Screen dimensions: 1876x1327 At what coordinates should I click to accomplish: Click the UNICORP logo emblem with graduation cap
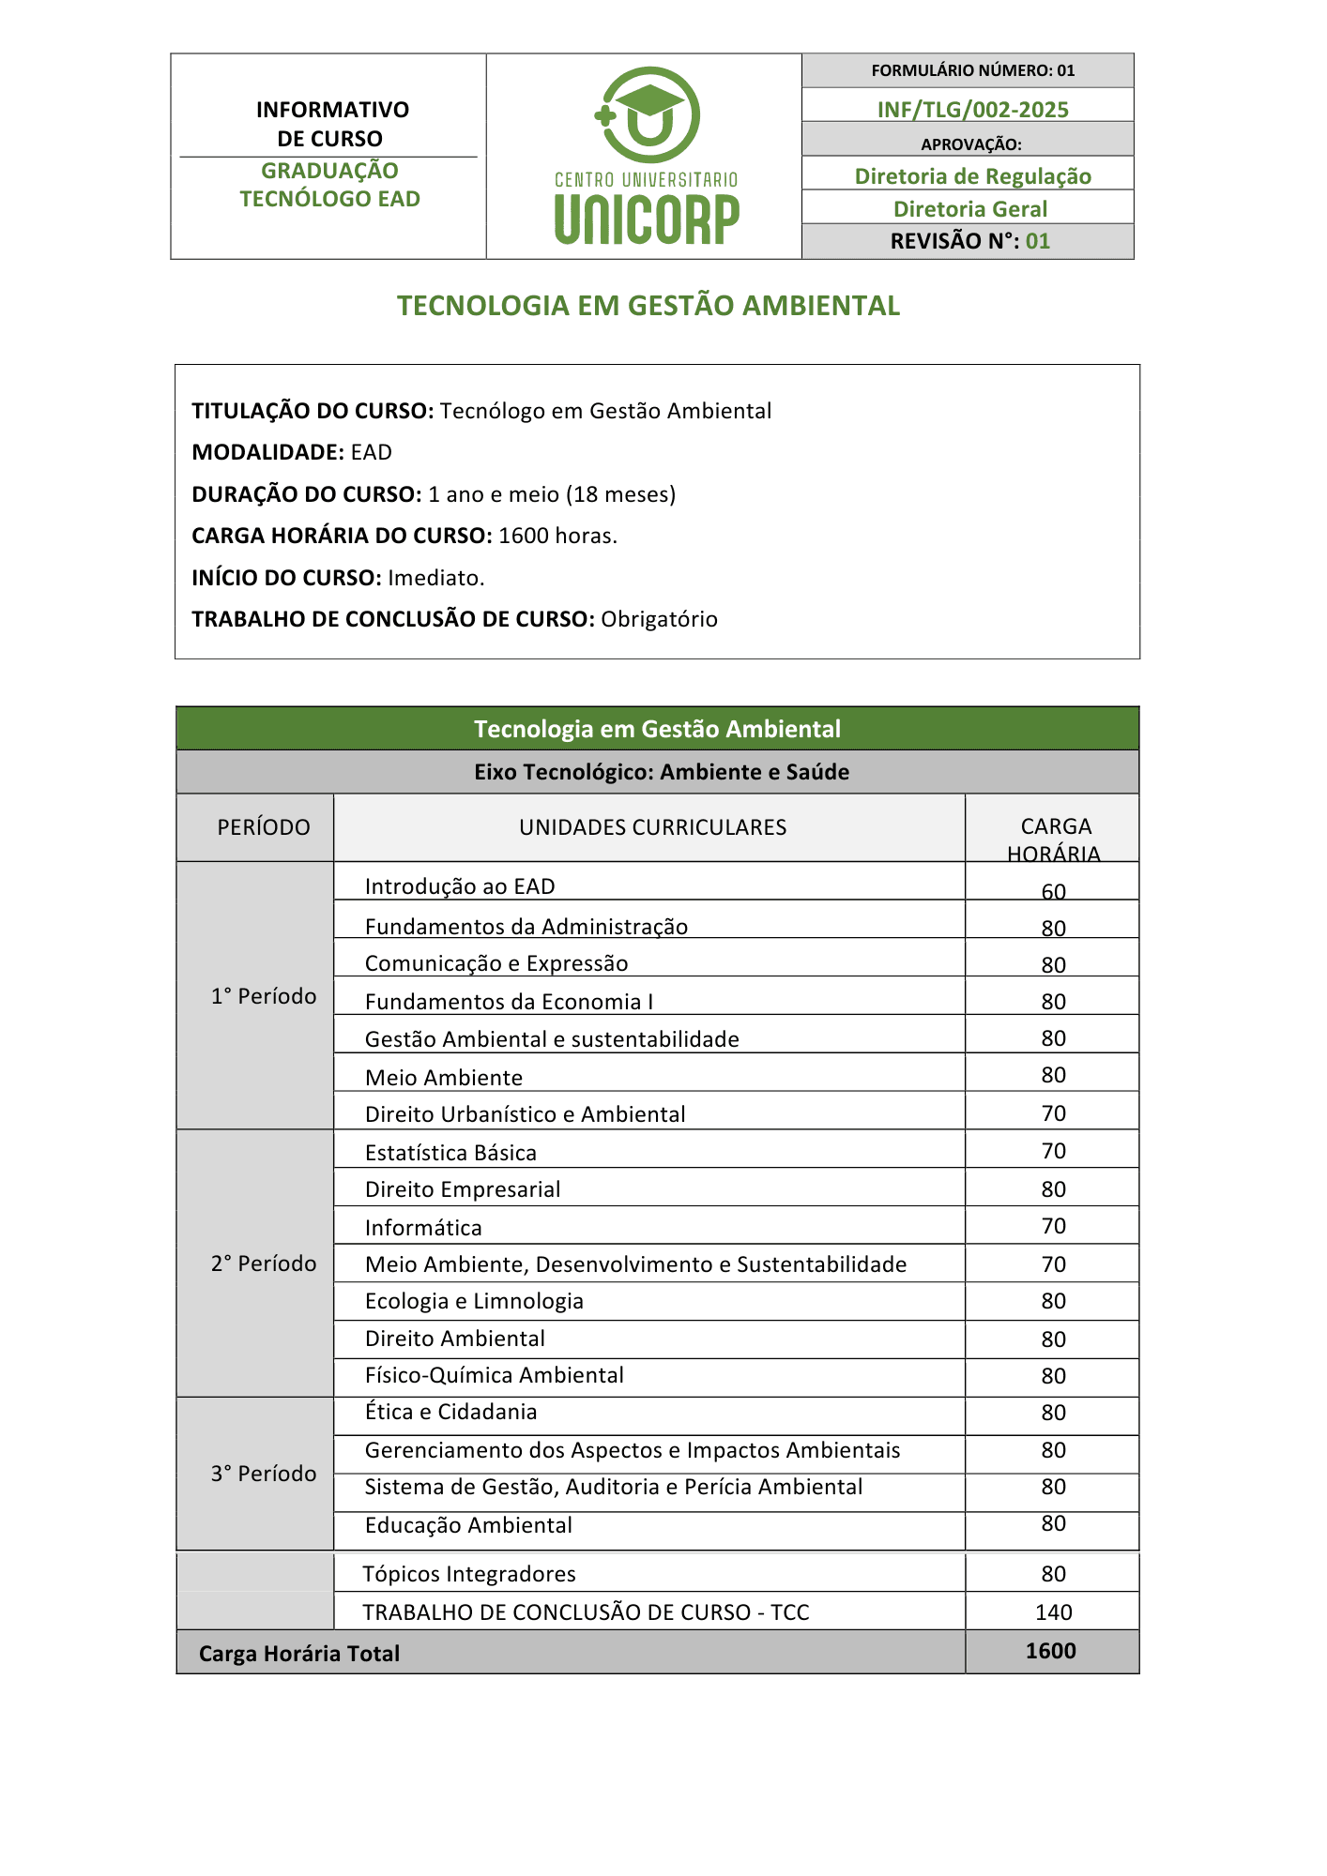click(648, 114)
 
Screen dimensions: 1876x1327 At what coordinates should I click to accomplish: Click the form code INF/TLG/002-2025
click(972, 110)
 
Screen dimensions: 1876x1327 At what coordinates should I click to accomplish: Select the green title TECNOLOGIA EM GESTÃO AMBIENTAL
click(648, 306)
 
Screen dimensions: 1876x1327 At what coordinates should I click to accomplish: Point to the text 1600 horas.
click(557, 536)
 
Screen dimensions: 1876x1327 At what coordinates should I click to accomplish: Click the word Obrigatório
click(659, 619)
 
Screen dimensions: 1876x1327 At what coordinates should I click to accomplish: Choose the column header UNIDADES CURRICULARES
click(652, 827)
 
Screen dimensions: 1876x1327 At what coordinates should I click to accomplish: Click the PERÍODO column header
click(264, 827)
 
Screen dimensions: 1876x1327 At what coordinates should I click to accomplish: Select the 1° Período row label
click(264, 996)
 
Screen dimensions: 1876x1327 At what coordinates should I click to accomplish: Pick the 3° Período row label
click(264, 1474)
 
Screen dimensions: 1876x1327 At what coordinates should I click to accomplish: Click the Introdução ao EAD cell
click(460, 886)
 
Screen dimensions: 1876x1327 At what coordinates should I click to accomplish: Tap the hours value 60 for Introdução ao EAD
click(1053, 891)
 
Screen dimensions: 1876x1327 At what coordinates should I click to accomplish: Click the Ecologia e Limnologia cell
click(474, 1301)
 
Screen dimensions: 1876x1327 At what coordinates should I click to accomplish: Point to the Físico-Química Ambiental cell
click(494, 1375)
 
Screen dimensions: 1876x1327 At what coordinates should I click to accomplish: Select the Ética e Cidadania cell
click(450, 1412)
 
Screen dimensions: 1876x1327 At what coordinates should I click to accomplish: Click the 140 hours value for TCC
click(1053, 1612)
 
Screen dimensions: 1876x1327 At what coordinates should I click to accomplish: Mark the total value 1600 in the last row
click(1050, 1651)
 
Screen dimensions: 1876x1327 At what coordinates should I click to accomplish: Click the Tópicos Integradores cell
click(469, 1574)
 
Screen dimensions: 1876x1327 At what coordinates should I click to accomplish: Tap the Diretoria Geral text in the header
click(969, 209)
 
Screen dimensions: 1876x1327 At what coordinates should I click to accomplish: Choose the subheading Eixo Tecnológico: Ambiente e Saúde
click(661, 772)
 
